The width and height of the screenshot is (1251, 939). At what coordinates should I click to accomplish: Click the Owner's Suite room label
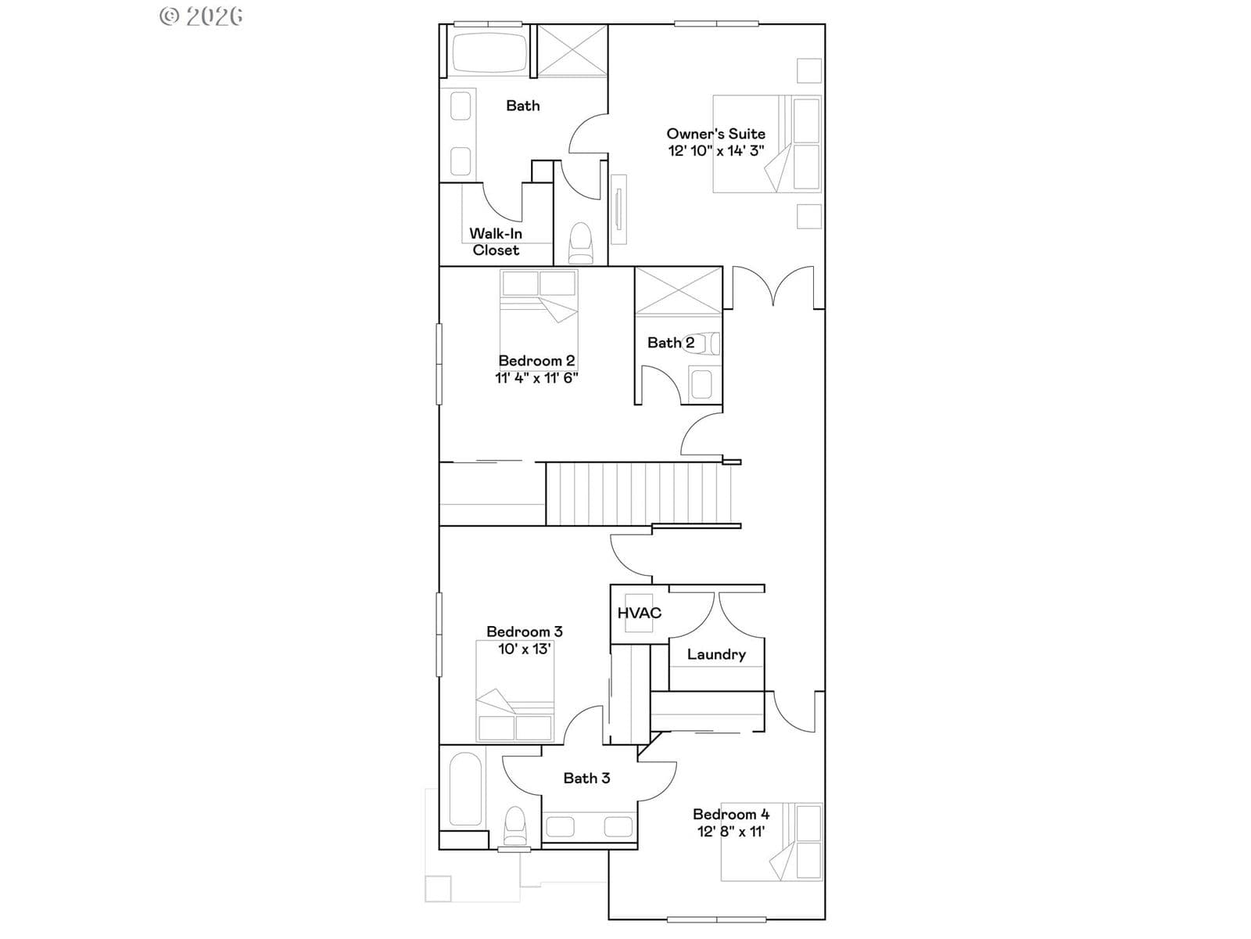click(x=716, y=134)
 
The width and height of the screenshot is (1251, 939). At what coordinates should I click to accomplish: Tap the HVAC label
click(x=640, y=613)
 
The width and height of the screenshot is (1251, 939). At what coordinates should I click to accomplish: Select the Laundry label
click(x=716, y=654)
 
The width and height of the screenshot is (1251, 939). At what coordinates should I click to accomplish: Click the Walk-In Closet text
click(x=495, y=242)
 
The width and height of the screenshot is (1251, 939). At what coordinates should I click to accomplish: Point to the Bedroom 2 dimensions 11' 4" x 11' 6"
click(x=536, y=377)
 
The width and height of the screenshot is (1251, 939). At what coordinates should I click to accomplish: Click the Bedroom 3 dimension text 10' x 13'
click(x=525, y=649)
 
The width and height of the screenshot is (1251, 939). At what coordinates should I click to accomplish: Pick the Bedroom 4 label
click(x=731, y=814)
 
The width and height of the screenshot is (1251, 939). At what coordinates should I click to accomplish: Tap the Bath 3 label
click(x=586, y=779)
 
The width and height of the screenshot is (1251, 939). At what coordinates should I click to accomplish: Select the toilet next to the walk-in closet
click(x=582, y=243)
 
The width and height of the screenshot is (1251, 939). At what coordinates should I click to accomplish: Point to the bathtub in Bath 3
click(x=466, y=789)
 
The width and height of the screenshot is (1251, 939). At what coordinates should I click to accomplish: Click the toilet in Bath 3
click(x=515, y=825)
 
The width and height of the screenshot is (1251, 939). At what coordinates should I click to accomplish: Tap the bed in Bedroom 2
click(x=539, y=321)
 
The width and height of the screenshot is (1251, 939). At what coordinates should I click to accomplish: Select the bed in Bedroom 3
click(x=514, y=691)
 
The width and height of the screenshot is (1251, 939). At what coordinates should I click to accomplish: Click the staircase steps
click(x=638, y=494)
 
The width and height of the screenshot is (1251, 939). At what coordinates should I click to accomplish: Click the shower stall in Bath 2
click(x=678, y=291)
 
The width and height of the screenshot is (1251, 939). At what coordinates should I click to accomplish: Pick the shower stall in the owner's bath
click(x=572, y=50)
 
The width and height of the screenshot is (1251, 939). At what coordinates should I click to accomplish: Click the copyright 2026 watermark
click(x=201, y=16)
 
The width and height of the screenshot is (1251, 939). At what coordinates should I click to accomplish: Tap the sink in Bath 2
click(x=701, y=384)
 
